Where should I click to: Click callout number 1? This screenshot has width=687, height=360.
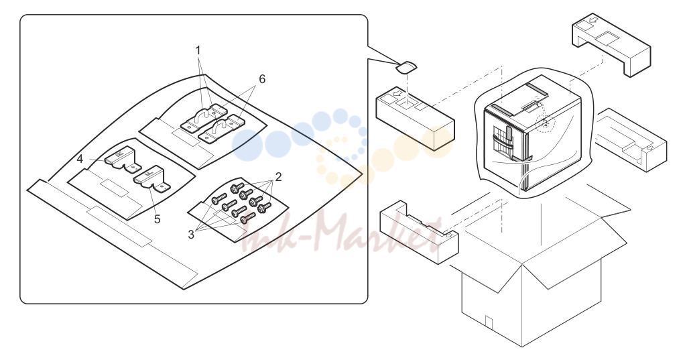198,50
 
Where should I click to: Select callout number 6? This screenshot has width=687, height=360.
262,79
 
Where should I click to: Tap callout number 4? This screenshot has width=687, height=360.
80,159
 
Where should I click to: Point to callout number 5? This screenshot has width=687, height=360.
158,219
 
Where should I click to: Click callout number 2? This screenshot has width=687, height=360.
278,177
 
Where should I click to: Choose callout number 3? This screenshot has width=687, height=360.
191,235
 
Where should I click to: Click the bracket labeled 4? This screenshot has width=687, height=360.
122,158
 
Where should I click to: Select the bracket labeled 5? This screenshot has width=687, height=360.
151,180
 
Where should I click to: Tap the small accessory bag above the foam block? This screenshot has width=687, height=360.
407,67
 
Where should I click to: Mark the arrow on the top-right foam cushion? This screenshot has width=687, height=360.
592,21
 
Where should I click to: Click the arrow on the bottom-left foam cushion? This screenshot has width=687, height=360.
449,235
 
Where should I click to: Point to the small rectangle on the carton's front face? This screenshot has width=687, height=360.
489,322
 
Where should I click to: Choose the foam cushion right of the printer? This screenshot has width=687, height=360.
631,139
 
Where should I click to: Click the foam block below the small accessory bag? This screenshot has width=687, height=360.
415,119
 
